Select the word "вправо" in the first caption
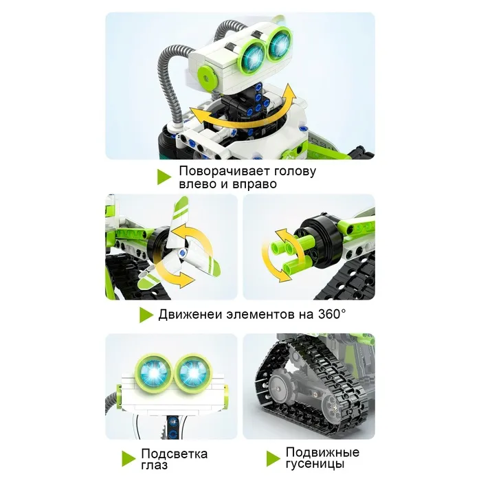coord(254,185)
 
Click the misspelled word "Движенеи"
coord(190,315)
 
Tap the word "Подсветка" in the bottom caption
coord(175,454)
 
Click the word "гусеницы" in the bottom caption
coord(315,464)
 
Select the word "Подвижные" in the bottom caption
coord(322,452)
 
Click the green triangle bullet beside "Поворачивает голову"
coord(164,177)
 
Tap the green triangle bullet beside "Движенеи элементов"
coord(146,315)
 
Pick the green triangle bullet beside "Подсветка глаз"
coord(128,458)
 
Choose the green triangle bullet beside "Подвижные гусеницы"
coord(273,458)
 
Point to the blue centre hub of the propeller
coord(183,253)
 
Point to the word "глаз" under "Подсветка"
coord(155,465)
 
